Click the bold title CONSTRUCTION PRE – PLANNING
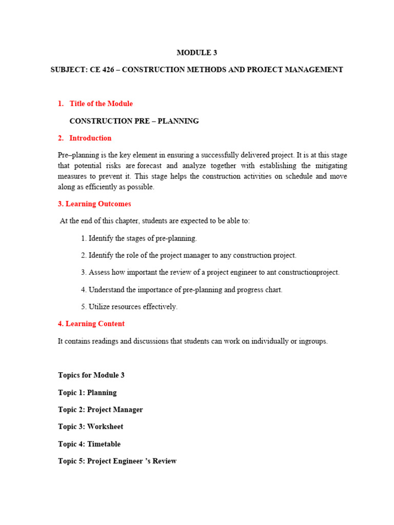click(134, 121)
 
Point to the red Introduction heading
click(90, 138)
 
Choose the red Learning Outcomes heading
click(94, 204)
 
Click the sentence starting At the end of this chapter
click(155, 221)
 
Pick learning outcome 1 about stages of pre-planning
click(139, 238)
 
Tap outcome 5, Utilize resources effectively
click(129, 307)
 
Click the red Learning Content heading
click(91, 324)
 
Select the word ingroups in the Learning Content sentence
click(312, 341)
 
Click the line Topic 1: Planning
click(87, 393)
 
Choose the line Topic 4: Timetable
click(89, 444)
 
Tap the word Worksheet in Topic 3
click(105, 427)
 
